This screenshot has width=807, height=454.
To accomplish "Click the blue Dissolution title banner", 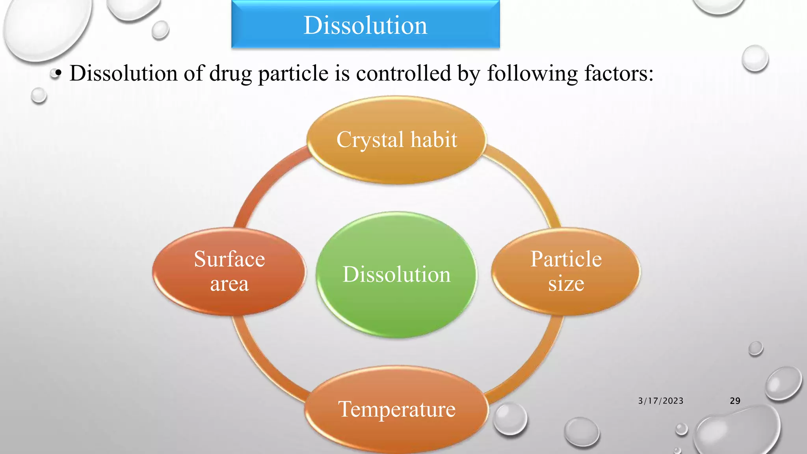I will pyautogui.click(x=365, y=25).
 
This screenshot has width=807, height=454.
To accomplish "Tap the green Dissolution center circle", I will pyautogui.click(x=396, y=274).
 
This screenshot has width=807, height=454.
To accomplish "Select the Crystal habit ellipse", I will pyautogui.click(x=396, y=140).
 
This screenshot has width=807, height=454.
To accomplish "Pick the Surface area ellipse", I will pyautogui.click(x=229, y=271).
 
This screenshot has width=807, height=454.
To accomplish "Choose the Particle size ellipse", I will pyautogui.click(x=566, y=271).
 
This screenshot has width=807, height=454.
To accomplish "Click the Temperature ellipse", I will pyautogui.click(x=396, y=409).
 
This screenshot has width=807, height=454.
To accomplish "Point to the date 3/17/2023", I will pyautogui.click(x=661, y=401).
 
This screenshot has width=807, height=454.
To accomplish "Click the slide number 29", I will pyautogui.click(x=735, y=401).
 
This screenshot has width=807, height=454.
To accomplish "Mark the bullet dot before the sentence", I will pyautogui.click(x=58, y=73).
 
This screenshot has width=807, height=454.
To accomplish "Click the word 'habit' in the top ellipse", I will pyautogui.click(x=433, y=140).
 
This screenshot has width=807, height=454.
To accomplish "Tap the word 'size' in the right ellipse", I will pyautogui.click(x=566, y=283).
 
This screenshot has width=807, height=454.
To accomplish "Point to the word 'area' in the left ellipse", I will pyautogui.click(x=229, y=284).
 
